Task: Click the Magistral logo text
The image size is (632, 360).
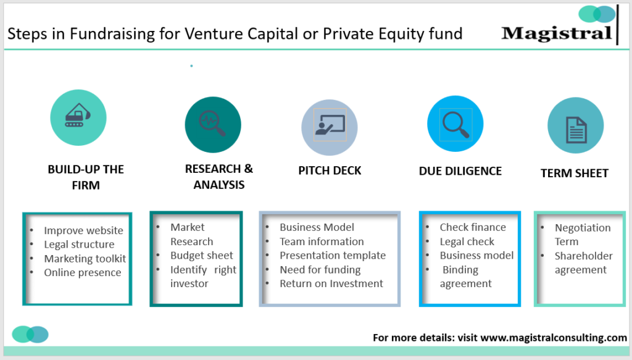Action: pos(557,33)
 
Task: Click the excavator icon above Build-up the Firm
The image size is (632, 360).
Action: pos(78,117)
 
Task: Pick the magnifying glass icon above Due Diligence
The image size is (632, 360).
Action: pos(455,123)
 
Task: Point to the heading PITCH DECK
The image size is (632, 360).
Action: pos(330,170)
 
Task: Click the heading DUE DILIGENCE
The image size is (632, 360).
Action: pos(460,171)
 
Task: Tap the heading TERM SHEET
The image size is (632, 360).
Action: pos(575,174)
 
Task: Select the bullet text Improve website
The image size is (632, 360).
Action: pos(83,230)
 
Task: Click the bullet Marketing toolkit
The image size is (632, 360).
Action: pos(85,259)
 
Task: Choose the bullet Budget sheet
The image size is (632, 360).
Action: pos(202,255)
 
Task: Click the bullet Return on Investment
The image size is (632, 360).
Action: pos(331,283)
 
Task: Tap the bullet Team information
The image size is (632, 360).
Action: pos(322,241)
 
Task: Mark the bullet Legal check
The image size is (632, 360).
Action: pos(467,241)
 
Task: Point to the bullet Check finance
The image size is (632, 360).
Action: pos(472,227)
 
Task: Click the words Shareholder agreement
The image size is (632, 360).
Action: pos(583,262)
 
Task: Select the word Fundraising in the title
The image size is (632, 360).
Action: pos(105,33)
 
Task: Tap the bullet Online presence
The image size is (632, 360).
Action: pos(83,272)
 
